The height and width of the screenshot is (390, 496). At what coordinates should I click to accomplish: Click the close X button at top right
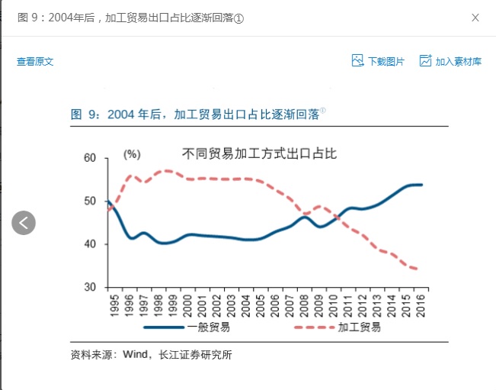(x=475, y=18)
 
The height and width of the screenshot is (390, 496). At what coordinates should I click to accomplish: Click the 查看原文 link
(x=35, y=62)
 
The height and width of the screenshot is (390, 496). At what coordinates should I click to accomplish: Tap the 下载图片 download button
(x=379, y=61)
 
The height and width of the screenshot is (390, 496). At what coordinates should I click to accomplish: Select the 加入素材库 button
(x=450, y=61)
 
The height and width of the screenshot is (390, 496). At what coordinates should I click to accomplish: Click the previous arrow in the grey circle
(x=24, y=223)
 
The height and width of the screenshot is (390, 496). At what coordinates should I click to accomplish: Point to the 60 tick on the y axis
(x=90, y=158)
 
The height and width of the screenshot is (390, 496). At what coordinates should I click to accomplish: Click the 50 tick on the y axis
(x=90, y=201)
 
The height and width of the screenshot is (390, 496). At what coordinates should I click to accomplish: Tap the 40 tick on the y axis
(x=90, y=244)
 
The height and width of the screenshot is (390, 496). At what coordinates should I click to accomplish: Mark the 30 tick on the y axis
(x=90, y=288)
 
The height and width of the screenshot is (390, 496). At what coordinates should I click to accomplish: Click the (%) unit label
(x=132, y=155)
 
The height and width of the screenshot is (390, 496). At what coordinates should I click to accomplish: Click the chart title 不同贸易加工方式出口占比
(x=259, y=153)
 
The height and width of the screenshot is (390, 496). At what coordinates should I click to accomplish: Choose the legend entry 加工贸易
(x=359, y=327)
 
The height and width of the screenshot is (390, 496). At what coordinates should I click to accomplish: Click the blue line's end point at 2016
(x=421, y=185)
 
